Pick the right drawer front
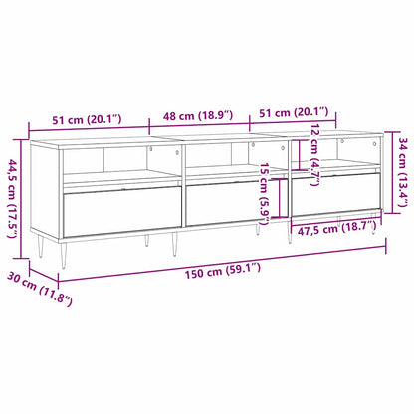point(334,195)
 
